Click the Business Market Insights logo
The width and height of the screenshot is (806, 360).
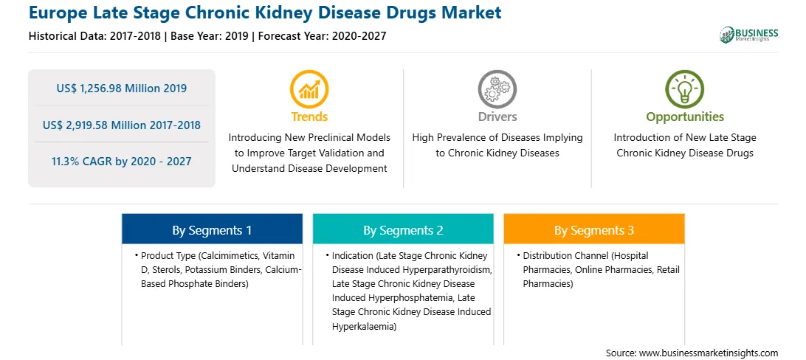pos(749,35)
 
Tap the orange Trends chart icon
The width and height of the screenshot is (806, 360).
pos(309,89)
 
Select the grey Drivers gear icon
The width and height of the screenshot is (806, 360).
pos(497,89)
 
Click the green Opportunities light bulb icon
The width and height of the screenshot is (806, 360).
pos(685,89)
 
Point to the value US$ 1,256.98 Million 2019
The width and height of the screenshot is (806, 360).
pos(122,89)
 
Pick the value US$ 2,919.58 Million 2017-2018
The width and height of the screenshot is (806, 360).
pos(122,125)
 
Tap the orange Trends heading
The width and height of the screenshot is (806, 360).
pos(309,117)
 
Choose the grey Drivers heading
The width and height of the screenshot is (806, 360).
pos(497,117)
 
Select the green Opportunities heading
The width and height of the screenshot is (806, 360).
pos(685,117)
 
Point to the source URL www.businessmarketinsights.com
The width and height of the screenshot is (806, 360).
pos(709,353)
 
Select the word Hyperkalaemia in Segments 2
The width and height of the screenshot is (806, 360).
pos(363,326)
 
